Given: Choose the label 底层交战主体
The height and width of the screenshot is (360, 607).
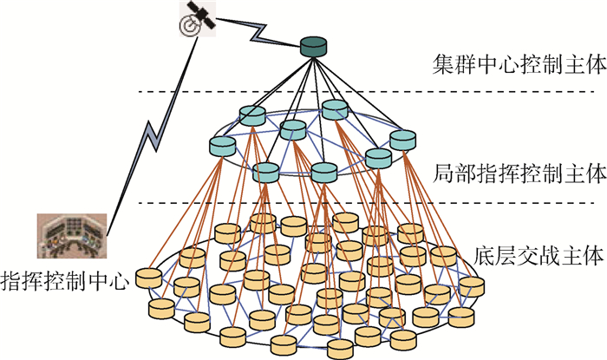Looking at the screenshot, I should tap(538, 256).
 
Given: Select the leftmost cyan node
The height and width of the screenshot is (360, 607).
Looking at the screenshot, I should tap(224, 146).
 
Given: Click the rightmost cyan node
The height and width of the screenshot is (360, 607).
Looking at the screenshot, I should tap(403, 139).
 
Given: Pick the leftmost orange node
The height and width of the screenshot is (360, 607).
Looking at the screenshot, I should tap(148, 278).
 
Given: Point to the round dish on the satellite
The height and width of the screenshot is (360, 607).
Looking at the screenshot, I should tap(186, 25).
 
